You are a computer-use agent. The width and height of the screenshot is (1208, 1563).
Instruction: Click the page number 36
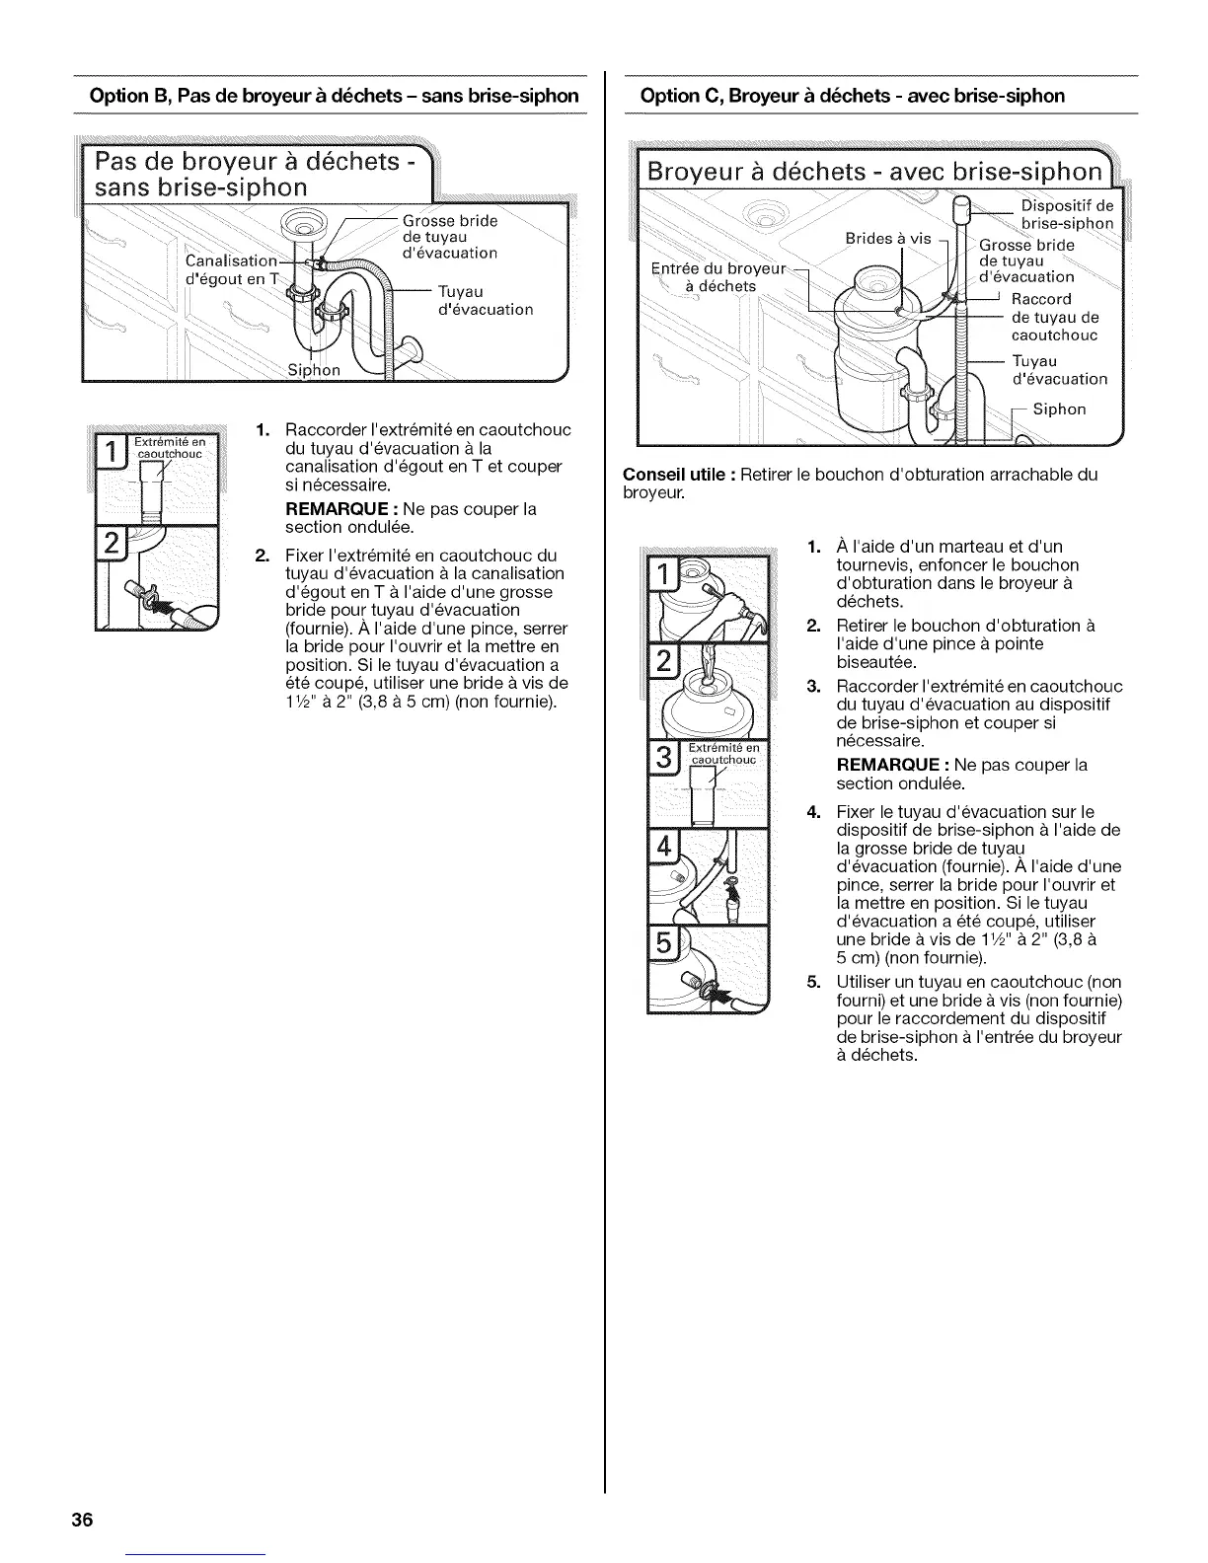click(81, 1519)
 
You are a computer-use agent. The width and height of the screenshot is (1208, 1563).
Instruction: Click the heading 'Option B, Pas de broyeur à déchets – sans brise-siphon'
click(334, 96)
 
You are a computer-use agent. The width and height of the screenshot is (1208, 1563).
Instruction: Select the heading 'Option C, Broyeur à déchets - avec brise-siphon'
click(852, 96)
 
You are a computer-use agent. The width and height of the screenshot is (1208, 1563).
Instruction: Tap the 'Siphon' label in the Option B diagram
click(313, 370)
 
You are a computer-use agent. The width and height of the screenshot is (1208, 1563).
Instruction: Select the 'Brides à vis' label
click(887, 238)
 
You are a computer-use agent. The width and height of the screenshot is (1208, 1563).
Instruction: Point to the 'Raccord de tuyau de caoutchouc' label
click(1055, 317)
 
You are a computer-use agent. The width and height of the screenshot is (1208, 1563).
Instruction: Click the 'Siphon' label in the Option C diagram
click(1059, 409)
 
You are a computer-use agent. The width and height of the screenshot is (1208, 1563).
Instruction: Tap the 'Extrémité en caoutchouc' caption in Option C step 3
click(722, 752)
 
